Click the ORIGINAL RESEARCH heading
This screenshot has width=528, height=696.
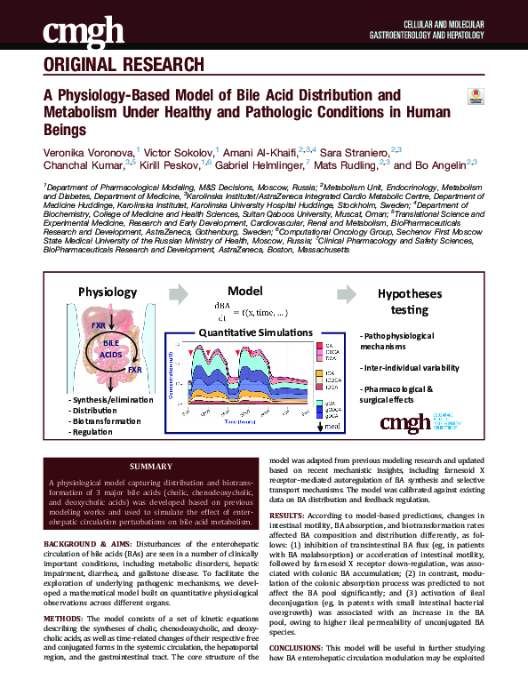click(x=123, y=65)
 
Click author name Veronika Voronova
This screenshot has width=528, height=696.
click(x=88, y=152)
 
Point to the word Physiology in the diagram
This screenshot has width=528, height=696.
click(x=108, y=292)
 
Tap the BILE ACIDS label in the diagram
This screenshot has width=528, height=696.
click(x=111, y=348)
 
